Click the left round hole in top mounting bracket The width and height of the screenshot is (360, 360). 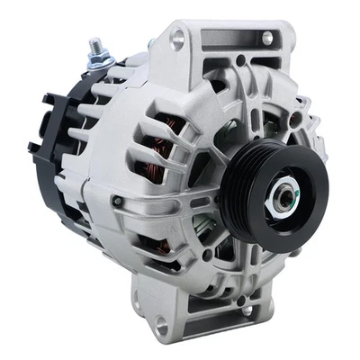pyautogui.click(x=178, y=38)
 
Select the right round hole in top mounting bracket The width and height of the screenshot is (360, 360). pyautogui.click(x=266, y=39)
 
